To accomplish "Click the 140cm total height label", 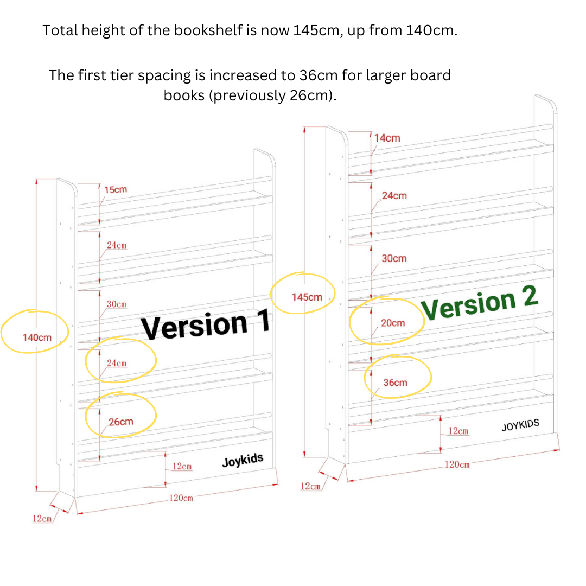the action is pyautogui.click(x=37, y=337).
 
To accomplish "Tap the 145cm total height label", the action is pyautogui.click(x=307, y=297).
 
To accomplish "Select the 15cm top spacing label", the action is pyautogui.click(x=116, y=189).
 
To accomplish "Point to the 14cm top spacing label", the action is pyautogui.click(x=387, y=138).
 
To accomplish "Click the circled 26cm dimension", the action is pyautogui.click(x=120, y=422).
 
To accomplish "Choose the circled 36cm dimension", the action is pyautogui.click(x=395, y=383).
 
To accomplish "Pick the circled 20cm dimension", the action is pyautogui.click(x=393, y=322).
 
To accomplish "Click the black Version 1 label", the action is pyautogui.click(x=205, y=323).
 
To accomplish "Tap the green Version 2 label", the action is pyautogui.click(x=480, y=303).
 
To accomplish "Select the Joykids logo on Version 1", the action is pyautogui.click(x=243, y=461).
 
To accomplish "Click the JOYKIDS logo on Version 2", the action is pyautogui.click(x=520, y=425).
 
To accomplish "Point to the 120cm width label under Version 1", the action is pyautogui.click(x=181, y=498).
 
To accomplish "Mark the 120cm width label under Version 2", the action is pyautogui.click(x=457, y=464).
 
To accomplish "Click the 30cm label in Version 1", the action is pyautogui.click(x=117, y=304).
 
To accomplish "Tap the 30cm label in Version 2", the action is pyautogui.click(x=394, y=258).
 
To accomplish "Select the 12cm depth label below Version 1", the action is pyautogui.click(x=42, y=518).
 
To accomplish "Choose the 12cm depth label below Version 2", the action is pyautogui.click(x=310, y=486).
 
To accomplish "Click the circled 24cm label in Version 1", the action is pyautogui.click(x=117, y=363).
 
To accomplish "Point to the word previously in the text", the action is pyautogui.click(x=247, y=95).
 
